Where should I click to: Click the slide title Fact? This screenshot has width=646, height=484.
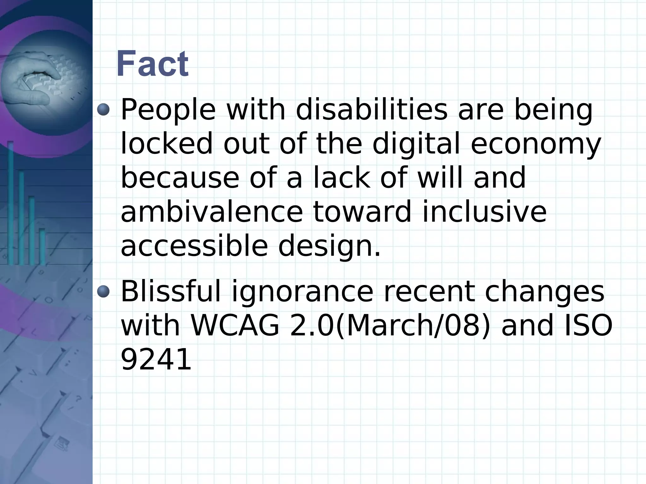[x=152, y=64]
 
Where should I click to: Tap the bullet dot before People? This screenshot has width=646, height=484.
[x=103, y=110]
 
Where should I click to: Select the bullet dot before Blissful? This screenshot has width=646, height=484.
[x=103, y=291]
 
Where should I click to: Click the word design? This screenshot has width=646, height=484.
[x=329, y=247]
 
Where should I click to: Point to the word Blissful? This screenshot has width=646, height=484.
[x=171, y=291]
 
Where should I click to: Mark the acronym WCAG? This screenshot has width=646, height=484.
[x=235, y=325]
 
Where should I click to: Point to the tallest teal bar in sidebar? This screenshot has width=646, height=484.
[x=10, y=202]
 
